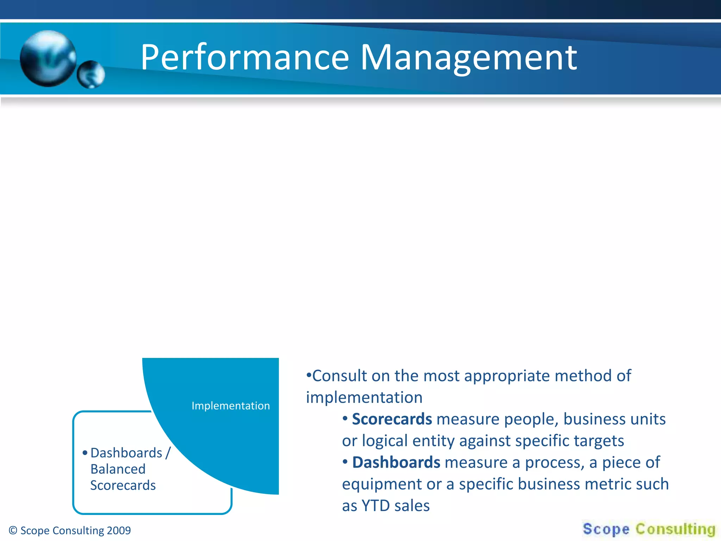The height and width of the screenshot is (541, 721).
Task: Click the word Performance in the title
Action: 245,57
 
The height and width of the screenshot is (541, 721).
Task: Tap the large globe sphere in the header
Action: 48,58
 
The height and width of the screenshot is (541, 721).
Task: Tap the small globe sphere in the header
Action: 91,74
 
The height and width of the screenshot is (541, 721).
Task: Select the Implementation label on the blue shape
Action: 231,406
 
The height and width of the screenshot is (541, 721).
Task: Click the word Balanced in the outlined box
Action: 118,469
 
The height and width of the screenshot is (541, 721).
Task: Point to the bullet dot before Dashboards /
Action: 85,453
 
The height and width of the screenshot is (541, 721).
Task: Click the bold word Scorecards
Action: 392,419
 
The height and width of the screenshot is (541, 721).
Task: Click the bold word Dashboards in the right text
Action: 396,462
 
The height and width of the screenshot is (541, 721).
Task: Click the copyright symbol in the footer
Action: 13,530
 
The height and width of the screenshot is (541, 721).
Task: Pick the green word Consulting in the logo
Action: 676,529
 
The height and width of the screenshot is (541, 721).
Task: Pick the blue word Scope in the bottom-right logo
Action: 606,529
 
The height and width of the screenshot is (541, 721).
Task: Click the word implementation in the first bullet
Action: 364,398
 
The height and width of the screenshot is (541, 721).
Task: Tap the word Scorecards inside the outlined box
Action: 123,485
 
